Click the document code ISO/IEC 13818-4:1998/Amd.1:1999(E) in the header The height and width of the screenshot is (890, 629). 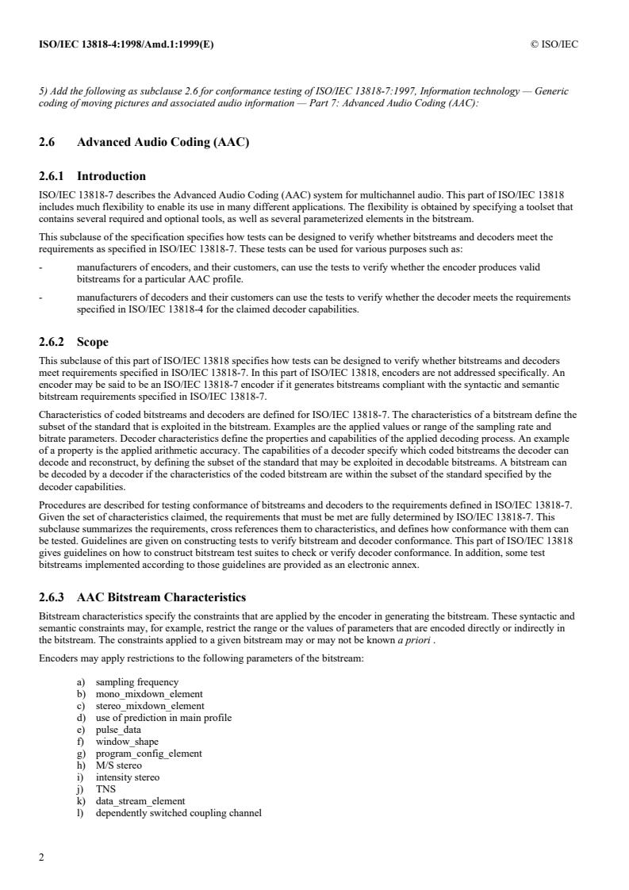click(126, 44)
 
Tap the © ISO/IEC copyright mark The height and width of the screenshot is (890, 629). click(554, 44)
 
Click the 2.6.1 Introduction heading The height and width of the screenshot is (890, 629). click(92, 176)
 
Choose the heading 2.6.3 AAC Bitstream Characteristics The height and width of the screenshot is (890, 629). click(143, 597)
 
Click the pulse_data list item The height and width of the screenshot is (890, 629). click(118, 730)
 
